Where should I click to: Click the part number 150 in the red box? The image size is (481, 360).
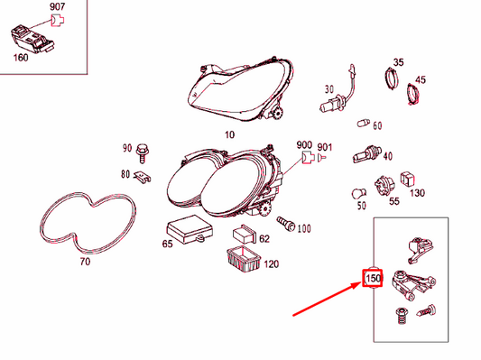pyautogui.click(x=372, y=280)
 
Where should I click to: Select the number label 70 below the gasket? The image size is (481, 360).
pyautogui.click(x=85, y=263)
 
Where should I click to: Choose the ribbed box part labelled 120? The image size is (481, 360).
pyautogui.click(x=241, y=259)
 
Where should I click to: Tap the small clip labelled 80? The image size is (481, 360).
pyautogui.click(x=143, y=175)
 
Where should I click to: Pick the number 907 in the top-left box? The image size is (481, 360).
pyautogui.click(x=56, y=7)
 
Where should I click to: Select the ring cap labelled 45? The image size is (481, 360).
pyautogui.click(x=417, y=91)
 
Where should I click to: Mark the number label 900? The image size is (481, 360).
pyautogui.click(x=304, y=144)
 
